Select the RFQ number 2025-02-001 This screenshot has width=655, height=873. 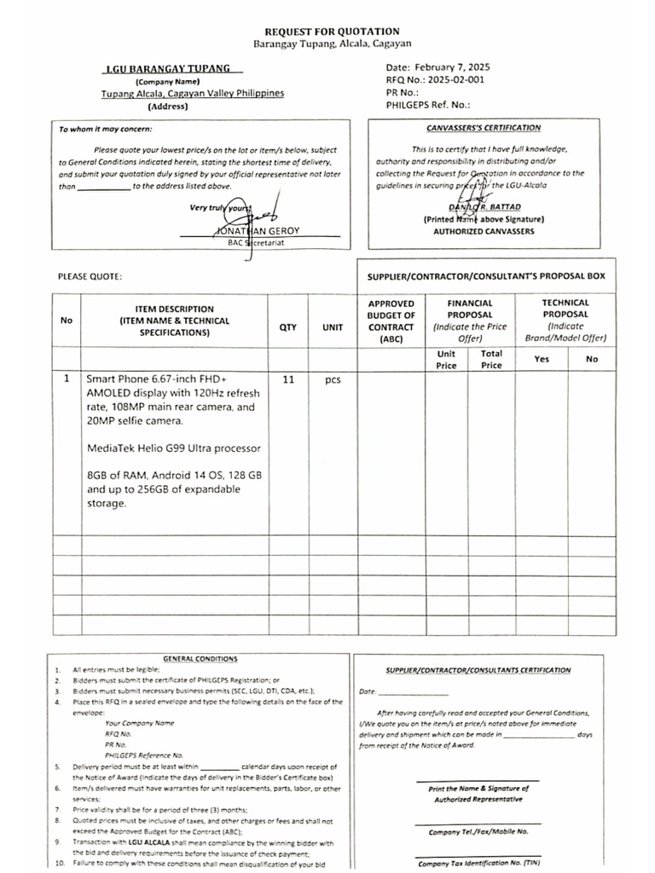(x=451, y=79)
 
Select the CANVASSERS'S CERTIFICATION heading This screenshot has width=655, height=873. (x=483, y=128)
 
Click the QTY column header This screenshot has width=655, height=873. (x=288, y=327)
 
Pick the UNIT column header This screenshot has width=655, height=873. (x=333, y=327)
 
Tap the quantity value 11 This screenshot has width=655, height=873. (x=288, y=379)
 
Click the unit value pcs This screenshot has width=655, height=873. (x=333, y=379)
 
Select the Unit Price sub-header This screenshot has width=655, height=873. (x=446, y=359)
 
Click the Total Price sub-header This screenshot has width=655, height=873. (x=491, y=359)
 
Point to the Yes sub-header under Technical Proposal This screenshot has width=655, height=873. (x=542, y=359)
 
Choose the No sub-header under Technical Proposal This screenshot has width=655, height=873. (x=592, y=359)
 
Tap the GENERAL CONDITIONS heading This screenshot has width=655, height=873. (x=200, y=659)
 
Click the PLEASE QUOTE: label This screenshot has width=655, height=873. (x=90, y=277)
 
